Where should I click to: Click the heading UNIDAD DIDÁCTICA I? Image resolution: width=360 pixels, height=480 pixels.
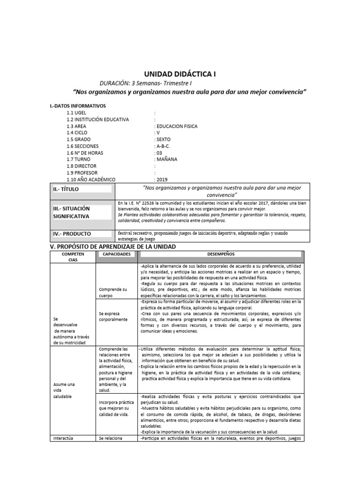point(180,74)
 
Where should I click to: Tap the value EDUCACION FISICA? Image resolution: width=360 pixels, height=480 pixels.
point(176,126)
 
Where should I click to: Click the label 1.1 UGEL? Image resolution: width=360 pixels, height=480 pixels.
point(77,113)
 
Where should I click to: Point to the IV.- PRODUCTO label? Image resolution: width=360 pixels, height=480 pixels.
point(72,233)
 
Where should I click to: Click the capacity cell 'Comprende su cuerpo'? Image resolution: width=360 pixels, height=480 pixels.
point(113,292)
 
